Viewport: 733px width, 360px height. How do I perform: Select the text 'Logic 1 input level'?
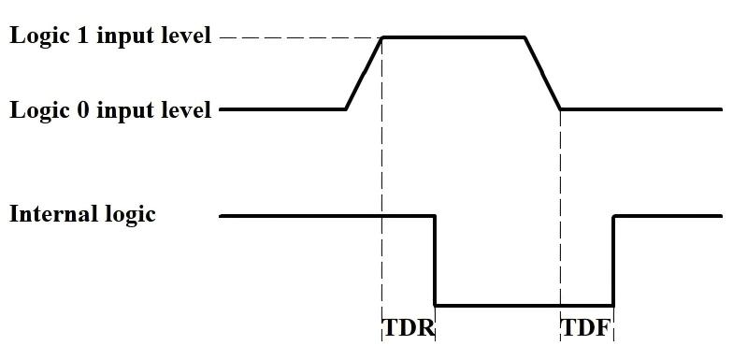tap(110, 36)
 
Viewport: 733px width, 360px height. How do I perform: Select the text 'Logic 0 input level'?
tap(110, 110)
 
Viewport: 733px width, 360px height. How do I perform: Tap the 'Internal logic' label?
tap(82, 214)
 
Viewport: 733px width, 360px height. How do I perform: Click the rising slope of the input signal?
tap(365, 73)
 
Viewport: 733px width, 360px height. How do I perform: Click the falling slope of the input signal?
tap(543, 73)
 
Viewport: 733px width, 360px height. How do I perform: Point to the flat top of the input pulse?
tap(453, 37)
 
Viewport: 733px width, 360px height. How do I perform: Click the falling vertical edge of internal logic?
tap(435, 262)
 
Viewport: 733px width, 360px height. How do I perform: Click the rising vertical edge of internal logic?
tap(613, 262)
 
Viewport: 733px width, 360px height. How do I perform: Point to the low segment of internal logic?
tap(524, 305)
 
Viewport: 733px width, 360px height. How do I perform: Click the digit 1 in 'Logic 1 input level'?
tap(80, 36)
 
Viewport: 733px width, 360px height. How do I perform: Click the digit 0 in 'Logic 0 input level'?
tap(80, 110)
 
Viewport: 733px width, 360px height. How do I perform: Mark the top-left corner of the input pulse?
tap(382, 37)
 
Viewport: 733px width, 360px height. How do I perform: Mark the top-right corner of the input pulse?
tap(525, 37)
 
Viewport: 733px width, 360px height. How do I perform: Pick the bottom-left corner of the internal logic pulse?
tap(435, 305)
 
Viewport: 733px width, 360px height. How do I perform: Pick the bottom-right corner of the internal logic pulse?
tap(613, 305)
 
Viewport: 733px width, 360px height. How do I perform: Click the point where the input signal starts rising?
tap(346, 109)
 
